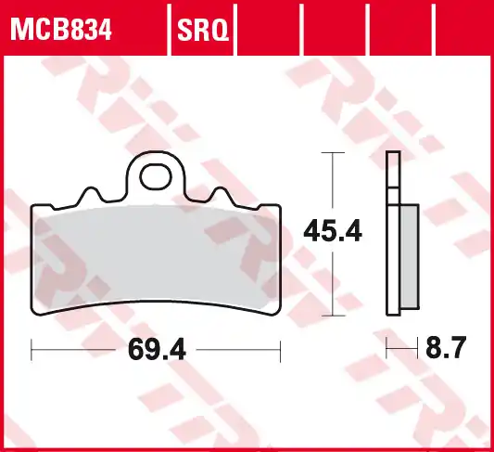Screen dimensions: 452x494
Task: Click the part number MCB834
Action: coord(60,32)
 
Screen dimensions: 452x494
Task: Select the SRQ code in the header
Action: coord(202,32)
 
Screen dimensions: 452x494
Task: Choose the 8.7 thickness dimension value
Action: coord(445,350)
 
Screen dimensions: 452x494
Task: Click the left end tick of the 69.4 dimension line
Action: coord(32,350)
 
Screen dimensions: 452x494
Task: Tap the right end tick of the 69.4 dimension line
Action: coord(280,350)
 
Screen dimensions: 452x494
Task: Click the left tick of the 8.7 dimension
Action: coord(387,350)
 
